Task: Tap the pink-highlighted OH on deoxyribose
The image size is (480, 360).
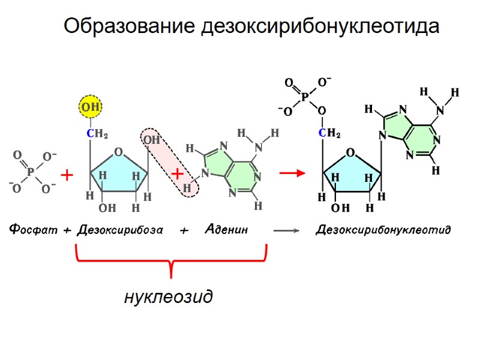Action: click(151, 140)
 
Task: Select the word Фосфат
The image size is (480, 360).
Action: click(32, 229)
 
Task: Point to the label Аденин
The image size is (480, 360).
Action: click(226, 229)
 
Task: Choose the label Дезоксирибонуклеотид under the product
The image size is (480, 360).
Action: click(383, 230)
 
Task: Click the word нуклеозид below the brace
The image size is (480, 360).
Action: click(168, 296)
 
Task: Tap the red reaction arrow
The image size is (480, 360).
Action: click(292, 173)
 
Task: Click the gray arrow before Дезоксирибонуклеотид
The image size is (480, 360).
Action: click(286, 230)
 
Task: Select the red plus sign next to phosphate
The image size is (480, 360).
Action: click(67, 176)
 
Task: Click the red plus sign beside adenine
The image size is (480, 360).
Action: click(178, 174)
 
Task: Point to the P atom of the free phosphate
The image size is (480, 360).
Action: click(31, 173)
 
